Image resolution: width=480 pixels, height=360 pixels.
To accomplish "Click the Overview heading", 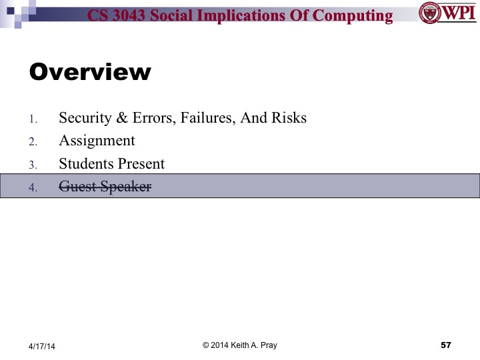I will [x=90, y=72].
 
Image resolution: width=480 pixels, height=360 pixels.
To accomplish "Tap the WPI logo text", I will [x=458, y=13].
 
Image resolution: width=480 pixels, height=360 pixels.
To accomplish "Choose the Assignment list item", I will [x=97, y=141].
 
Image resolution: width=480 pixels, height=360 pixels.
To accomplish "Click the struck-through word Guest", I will [x=75, y=187].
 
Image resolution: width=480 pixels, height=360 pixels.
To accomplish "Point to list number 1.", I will [x=33, y=119].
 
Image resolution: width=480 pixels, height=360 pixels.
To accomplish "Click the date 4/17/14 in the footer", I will [x=41, y=345].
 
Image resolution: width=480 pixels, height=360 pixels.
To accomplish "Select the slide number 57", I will [x=446, y=345].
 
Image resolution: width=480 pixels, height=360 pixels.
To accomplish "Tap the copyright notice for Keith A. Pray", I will [x=239, y=345].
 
